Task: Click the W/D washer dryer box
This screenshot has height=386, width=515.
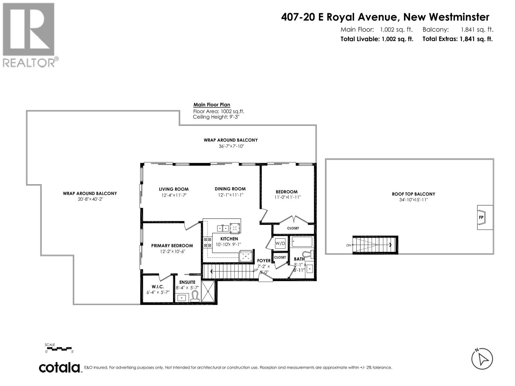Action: pos(280,244)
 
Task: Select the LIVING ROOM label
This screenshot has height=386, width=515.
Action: pos(173,189)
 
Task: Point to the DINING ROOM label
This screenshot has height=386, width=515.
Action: pos(230,189)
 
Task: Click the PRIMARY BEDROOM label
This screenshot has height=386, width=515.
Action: pos(172,245)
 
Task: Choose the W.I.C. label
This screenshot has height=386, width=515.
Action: pos(158,287)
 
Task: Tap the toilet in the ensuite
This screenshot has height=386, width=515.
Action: pos(195,296)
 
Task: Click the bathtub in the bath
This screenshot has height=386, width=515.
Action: pos(302,242)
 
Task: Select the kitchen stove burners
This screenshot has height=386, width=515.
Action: pos(207,242)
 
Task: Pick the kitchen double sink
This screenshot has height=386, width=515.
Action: pos(223,228)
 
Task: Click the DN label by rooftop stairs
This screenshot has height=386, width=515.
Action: pos(349,245)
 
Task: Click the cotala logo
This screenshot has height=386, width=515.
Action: pos(60,368)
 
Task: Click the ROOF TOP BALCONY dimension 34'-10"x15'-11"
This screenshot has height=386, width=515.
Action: pos(413,200)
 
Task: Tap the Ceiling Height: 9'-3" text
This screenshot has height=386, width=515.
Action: pos(216,117)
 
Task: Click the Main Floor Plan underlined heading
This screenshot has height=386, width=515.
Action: pos(211,105)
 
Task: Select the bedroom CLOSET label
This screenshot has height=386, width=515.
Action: pos(293,228)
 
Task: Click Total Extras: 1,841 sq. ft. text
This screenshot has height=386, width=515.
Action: pos(457,39)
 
